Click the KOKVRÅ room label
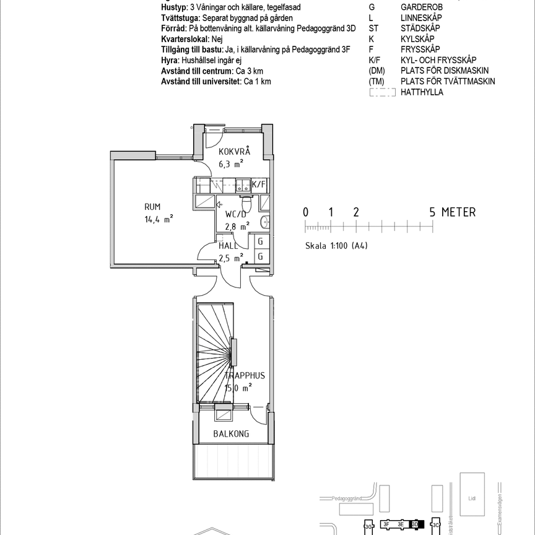[235, 152]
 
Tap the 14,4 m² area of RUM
[159, 219]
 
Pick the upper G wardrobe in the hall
[261, 242]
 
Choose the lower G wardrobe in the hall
[261, 256]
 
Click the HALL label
[228, 246]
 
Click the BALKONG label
[231, 434]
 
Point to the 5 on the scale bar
[433, 212]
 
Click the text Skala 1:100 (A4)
[336, 245]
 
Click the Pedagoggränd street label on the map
[346, 497]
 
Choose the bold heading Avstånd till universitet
[201, 81]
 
